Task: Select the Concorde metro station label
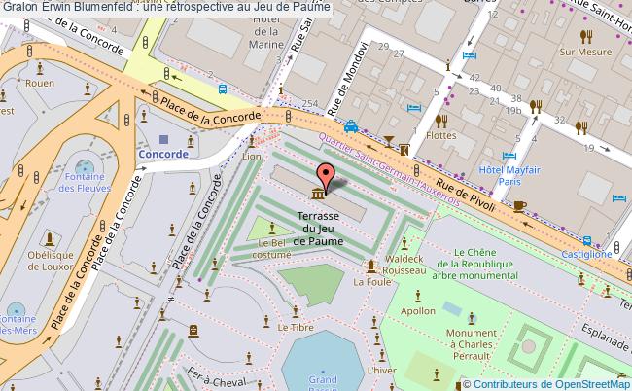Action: coord(162,154)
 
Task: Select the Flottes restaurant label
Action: coord(441,136)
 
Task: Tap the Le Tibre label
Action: coord(294,328)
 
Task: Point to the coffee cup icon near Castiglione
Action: coord(519,205)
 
